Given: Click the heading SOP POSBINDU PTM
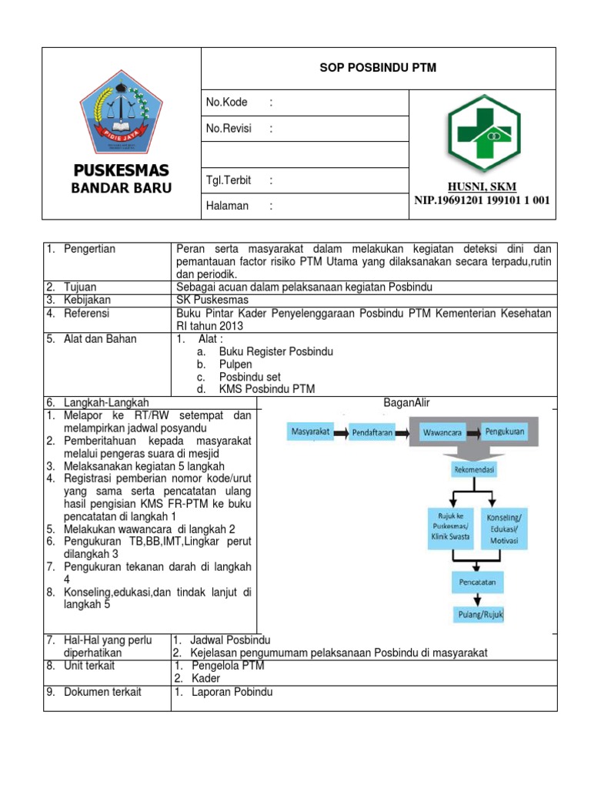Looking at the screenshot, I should tap(377, 68).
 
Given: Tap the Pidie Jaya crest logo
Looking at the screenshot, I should tap(121, 112).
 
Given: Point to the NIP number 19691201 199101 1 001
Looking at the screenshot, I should tap(482, 200).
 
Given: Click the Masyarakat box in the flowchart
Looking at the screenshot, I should tap(311, 432).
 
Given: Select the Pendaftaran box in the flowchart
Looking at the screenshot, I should tap(372, 433).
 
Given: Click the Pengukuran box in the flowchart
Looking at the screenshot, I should tap(504, 431).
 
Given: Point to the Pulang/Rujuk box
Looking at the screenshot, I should tap(477, 614).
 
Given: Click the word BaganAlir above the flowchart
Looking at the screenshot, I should tap(406, 402).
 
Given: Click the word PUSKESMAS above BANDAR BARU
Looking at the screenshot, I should tap(121, 170).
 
